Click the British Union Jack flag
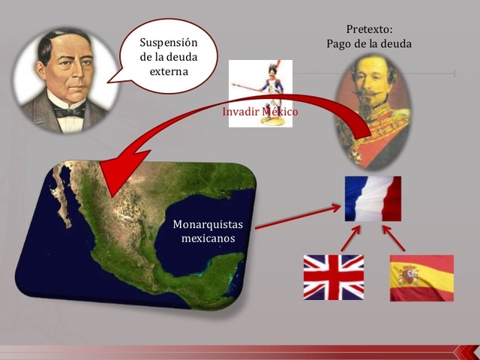click(x=333, y=277)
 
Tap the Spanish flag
click(x=421, y=277)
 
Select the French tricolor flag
click(x=373, y=198)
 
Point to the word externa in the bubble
click(x=169, y=73)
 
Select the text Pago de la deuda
click(x=369, y=43)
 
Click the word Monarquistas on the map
click(x=204, y=223)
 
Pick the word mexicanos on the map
click(x=208, y=238)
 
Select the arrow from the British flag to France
click(x=350, y=238)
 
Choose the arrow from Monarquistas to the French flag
click(x=297, y=217)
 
